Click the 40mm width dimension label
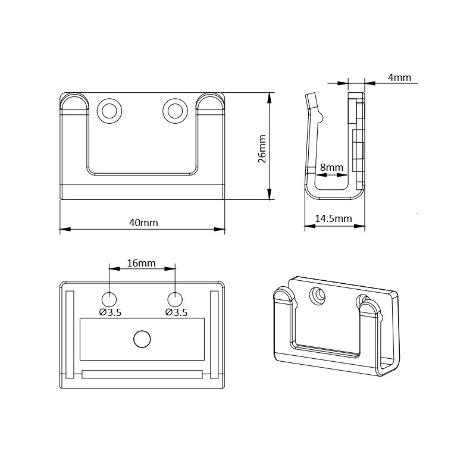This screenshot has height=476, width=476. click(x=143, y=223)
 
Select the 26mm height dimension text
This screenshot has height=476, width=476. click(x=262, y=149)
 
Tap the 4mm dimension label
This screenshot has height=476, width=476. click(x=399, y=77)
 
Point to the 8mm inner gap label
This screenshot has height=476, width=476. click(x=331, y=167)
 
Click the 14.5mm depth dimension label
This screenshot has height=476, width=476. click(x=333, y=218)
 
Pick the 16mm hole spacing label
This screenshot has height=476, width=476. click(x=141, y=263)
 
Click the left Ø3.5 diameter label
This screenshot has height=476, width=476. click(x=110, y=312)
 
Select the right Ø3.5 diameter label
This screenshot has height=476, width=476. click(x=176, y=312)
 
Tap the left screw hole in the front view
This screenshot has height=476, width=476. click(x=109, y=111)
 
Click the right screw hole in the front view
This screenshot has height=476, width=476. click(x=175, y=111)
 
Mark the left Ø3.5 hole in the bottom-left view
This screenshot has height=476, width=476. click(x=109, y=300)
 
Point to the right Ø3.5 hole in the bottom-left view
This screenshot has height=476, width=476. click(x=175, y=300)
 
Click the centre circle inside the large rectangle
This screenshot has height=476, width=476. click(x=142, y=339)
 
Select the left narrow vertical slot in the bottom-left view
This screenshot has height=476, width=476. click(x=70, y=334)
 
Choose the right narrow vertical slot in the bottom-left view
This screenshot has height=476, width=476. click(x=214, y=334)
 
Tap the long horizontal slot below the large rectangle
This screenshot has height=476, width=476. click(x=142, y=374)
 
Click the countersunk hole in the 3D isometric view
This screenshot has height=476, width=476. click(x=318, y=295)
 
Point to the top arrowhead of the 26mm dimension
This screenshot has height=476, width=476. click(x=269, y=98)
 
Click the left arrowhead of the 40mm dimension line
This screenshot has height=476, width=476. click(x=65, y=229)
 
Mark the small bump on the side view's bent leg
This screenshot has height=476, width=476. click(x=321, y=116)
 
